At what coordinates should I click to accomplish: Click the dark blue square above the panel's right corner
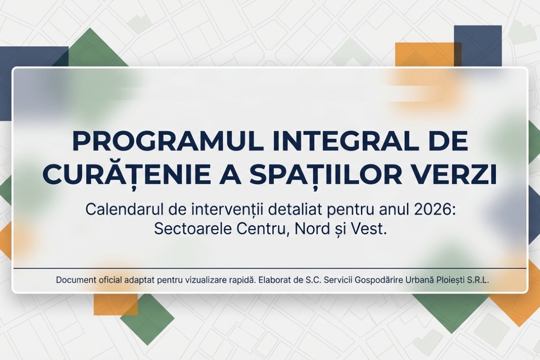pyautogui.click(x=477, y=45)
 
